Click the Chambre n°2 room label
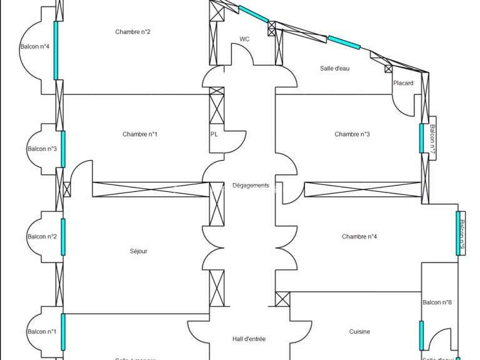[x=132, y=32]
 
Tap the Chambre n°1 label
[x=140, y=134]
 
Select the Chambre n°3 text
[x=352, y=134]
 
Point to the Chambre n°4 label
[x=359, y=236]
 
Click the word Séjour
[x=138, y=251]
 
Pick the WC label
[x=244, y=39]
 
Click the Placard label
[x=403, y=83]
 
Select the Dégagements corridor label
[x=251, y=186]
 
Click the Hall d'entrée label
[x=248, y=339]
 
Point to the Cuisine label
[x=359, y=332]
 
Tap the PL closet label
[x=214, y=134]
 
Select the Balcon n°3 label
[x=42, y=149]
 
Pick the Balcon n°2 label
[x=42, y=236]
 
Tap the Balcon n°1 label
[x=42, y=331]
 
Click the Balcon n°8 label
[x=437, y=302]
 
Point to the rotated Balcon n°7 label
[x=431, y=142]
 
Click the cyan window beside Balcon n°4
[x=56, y=51]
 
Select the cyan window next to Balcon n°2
[x=62, y=237]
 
